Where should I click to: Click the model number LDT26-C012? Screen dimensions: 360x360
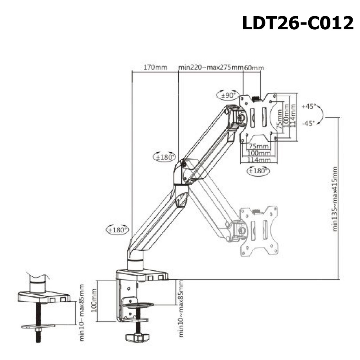pyautogui.click(x=298, y=23)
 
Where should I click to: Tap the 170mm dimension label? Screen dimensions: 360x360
pyautogui.click(x=155, y=67)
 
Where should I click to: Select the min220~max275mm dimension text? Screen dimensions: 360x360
pyautogui.click(x=211, y=67)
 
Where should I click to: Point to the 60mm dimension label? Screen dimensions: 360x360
pyautogui.click(x=254, y=68)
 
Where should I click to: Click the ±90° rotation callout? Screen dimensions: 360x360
pyautogui.click(x=228, y=95)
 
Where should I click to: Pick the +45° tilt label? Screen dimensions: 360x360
pyautogui.click(x=309, y=106)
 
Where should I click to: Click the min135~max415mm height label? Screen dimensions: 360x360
pyautogui.click(x=335, y=199)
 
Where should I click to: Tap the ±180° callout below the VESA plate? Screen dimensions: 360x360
pyautogui.click(x=258, y=171)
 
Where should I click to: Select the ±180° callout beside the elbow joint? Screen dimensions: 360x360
pyautogui.click(x=165, y=157)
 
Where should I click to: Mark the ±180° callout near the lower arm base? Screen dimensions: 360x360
pyautogui.click(x=117, y=230)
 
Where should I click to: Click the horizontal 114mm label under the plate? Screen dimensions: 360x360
pyautogui.click(x=259, y=160)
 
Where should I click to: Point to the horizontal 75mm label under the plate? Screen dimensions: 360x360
pyautogui.click(x=259, y=146)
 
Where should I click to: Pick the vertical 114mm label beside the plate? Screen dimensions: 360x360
pyautogui.click(x=293, y=115)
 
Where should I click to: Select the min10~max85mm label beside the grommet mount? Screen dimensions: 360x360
pyautogui.click(x=82, y=313)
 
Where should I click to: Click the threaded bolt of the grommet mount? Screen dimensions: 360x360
pyautogui.click(x=38, y=323)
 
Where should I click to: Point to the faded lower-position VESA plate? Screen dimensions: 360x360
pyautogui.click(x=259, y=231)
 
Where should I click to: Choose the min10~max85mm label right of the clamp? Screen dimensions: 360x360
pyautogui.click(x=181, y=308)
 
